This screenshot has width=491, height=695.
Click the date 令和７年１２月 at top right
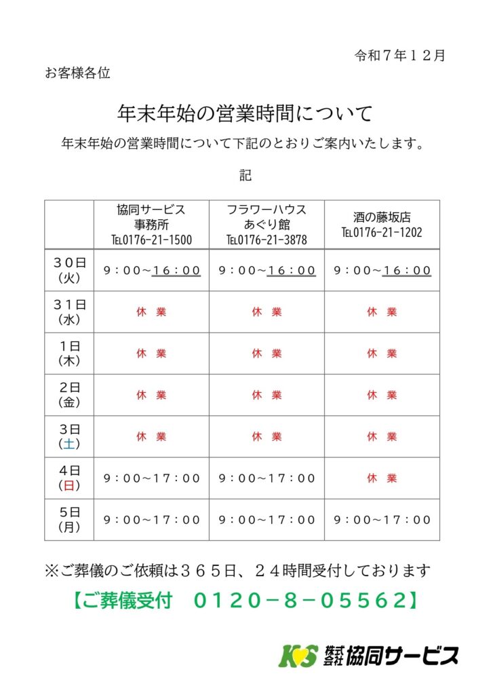(399, 56)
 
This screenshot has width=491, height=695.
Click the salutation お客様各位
(77, 73)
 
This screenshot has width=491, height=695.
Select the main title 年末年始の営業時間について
(245, 113)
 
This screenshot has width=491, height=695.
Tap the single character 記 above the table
(245, 176)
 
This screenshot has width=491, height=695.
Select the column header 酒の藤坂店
(382, 218)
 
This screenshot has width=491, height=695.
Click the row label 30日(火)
(69, 270)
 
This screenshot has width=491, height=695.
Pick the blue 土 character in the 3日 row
(69, 444)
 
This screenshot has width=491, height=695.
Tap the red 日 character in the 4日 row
(69, 485)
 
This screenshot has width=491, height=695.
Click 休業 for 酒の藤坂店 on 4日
(382, 478)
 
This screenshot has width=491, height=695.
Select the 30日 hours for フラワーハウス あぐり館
(267, 270)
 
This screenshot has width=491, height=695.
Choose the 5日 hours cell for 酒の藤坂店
(382, 520)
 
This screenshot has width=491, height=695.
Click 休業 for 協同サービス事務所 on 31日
(151, 312)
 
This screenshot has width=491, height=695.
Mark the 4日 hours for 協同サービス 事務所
(151, 478)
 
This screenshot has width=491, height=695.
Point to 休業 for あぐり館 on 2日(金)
(267, 395)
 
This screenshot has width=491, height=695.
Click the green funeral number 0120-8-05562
(304, 601)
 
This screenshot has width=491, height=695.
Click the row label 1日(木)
(69, 354)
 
